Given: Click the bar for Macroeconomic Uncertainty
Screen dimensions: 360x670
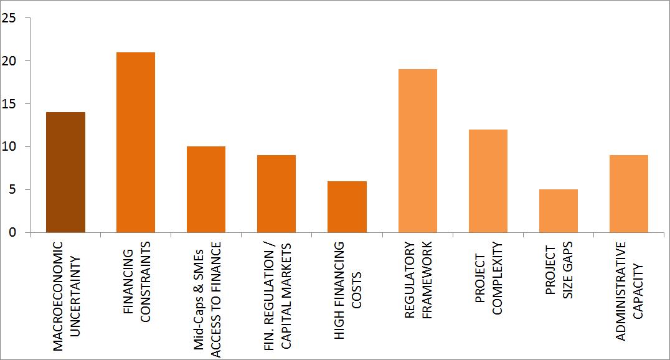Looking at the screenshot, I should (x=65, y=173).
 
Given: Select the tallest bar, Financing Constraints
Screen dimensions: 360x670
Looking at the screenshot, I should (x=136, y=143).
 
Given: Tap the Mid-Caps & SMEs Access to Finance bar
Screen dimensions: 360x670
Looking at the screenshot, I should (x=206, y=189).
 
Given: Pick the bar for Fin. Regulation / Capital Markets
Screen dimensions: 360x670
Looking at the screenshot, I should (x=276, y=194).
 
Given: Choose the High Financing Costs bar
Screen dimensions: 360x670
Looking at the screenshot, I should (x=347, y=207).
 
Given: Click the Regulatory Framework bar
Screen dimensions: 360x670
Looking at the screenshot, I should (x=417, y=151).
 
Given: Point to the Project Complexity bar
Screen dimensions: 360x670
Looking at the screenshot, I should (x=488, y=181).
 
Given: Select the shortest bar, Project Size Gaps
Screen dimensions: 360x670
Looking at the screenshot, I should (x=558, y=211).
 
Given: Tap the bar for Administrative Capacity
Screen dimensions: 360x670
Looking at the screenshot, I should (x=628, y=194).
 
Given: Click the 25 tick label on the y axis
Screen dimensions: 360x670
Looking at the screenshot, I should (x=9, y=18).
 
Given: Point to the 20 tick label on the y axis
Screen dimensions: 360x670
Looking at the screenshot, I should (x=9, y=61).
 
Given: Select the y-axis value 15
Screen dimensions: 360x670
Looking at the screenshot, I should (x=9, y=104).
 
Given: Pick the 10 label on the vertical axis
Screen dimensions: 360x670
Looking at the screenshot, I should (x=9, y=147).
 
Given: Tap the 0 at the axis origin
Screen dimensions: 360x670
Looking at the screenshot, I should (x=11, y=233).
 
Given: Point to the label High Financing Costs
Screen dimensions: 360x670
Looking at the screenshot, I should (x=347, y=290).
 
